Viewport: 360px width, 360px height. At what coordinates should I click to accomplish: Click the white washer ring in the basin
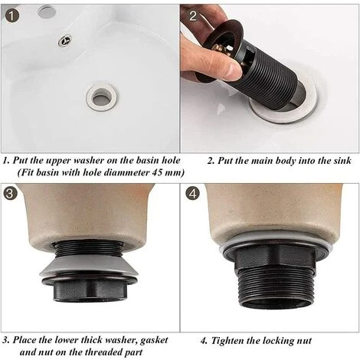101,96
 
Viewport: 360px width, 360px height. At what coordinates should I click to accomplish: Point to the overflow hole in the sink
66,41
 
